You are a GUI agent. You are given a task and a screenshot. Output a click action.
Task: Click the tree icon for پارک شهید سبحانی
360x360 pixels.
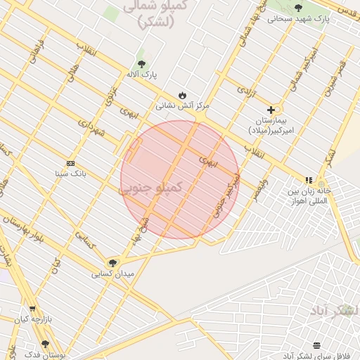(x=298, y=8)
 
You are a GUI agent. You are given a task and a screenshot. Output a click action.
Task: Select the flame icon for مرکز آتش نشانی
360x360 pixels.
(x=183, y=95)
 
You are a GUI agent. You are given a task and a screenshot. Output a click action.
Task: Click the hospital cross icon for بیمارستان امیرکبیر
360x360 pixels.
(x=271, y=110)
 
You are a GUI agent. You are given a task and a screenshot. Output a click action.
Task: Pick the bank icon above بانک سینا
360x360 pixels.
(x=70, y=163)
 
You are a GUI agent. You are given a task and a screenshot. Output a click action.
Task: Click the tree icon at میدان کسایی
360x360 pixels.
(x=112, y=263)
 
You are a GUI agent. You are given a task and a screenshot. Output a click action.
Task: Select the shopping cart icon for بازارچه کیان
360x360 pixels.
(x=32, y=309)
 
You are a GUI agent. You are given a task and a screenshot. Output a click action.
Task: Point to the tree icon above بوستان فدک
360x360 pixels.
(x=45, y=344)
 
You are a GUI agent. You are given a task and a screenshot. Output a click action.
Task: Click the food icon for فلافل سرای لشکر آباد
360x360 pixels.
(x=316, y=345)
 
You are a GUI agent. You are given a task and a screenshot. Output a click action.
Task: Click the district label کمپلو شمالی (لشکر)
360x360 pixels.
(x=147, y=14)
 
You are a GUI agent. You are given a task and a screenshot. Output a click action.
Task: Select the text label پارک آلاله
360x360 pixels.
(x=143, y=73)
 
